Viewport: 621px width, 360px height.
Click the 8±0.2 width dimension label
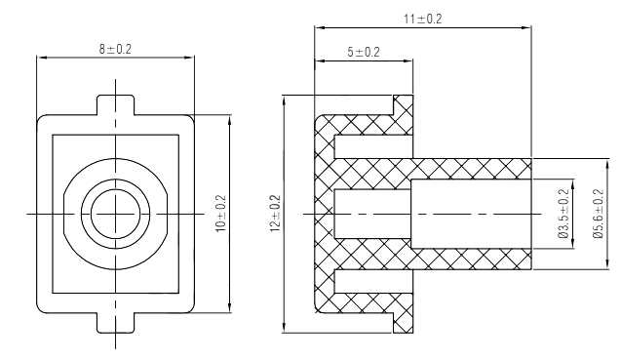coord(116,49)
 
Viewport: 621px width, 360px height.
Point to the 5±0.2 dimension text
coord(363,52)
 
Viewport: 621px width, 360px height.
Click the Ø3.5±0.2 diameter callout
coord(562,213)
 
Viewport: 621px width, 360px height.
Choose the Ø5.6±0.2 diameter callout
coord(598,213)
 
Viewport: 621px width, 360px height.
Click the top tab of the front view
coord(116,103)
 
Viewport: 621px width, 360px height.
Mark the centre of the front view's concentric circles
coord(116,212)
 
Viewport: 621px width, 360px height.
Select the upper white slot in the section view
coord(370,146)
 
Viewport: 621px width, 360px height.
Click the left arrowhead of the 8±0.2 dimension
coord(39,58)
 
